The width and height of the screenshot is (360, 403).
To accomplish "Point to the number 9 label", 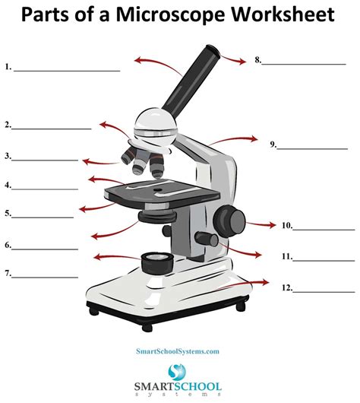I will [x=273, y=144].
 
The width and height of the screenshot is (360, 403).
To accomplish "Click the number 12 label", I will [x=286, y=288].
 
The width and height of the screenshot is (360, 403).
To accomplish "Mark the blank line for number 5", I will [x=43, y=217].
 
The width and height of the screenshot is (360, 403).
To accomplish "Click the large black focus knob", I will [x=228, y=218].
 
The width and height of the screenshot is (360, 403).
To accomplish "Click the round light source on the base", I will [x=156, y=262].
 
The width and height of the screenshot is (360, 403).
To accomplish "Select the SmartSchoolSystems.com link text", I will [x=178, y=351].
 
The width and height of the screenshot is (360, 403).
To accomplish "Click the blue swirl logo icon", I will [x=178, y=373].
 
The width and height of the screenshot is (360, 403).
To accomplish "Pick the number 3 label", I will [x=8, y=157].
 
